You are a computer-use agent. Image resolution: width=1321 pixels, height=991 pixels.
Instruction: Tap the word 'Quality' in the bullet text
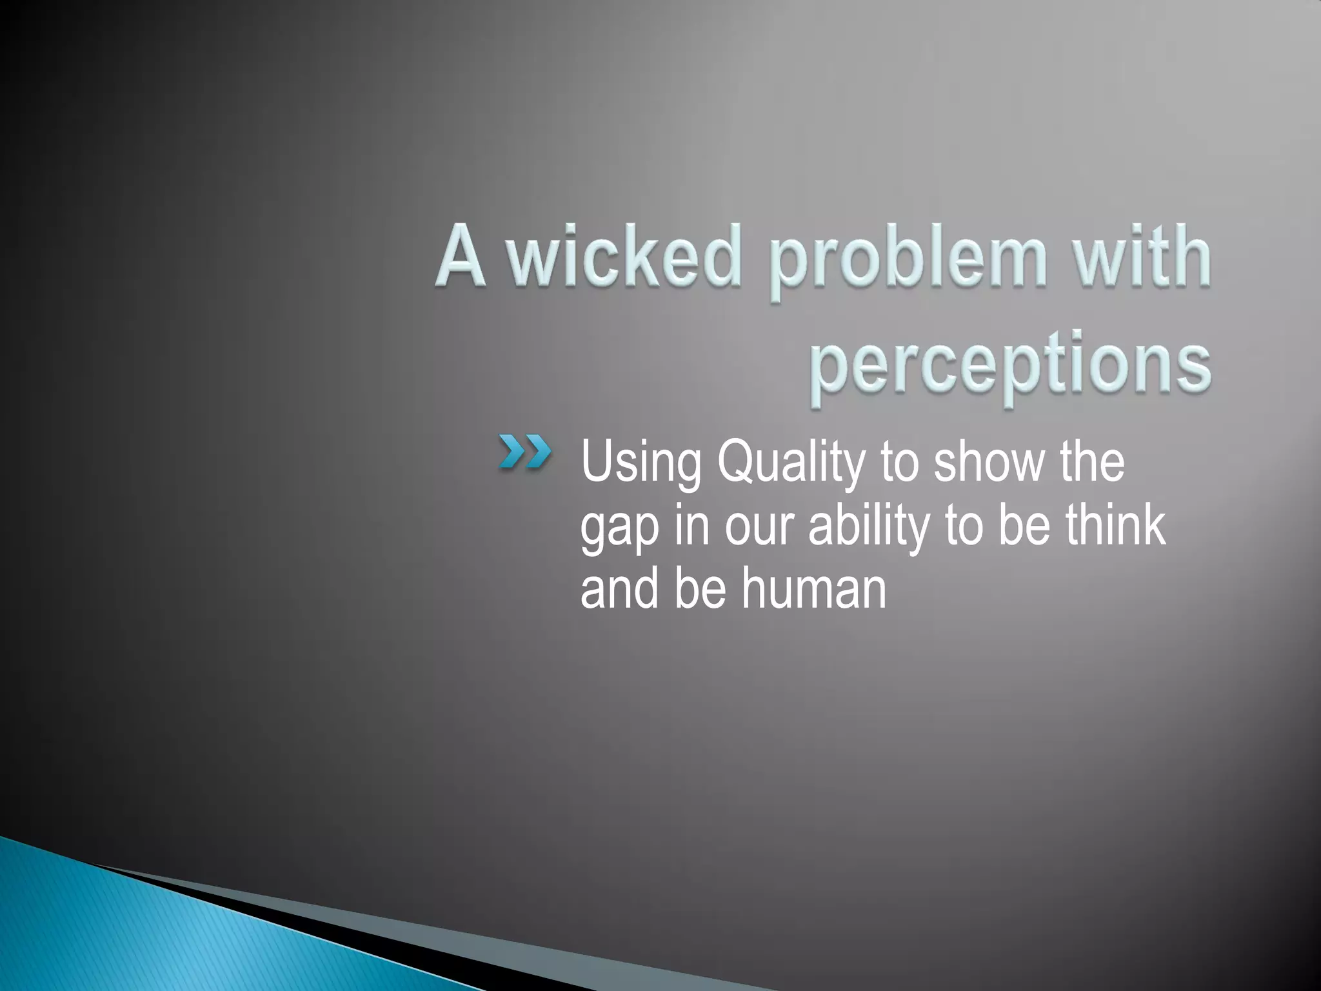pos(790,463)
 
